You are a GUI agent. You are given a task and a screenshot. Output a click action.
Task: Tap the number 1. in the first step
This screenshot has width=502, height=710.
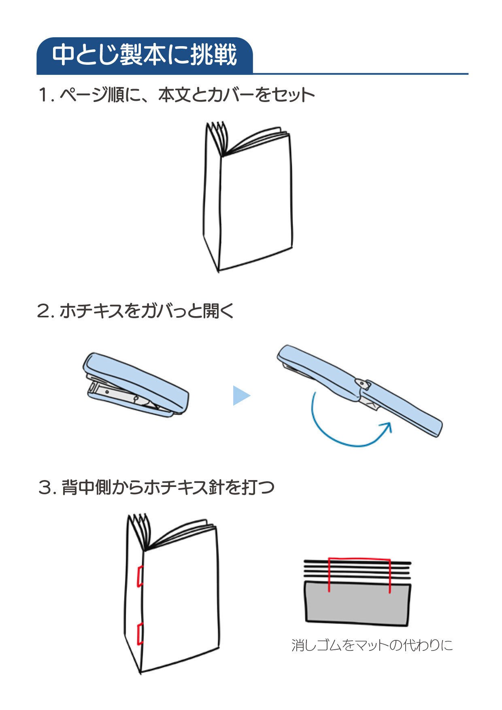(46, 96)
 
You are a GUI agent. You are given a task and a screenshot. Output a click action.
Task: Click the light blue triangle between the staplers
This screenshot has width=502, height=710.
(241, 395)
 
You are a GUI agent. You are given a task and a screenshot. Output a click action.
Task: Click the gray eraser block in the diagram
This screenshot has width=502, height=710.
(358, 603)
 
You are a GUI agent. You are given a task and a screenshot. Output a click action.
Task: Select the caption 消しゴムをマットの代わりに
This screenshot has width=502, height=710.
(372, 645)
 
